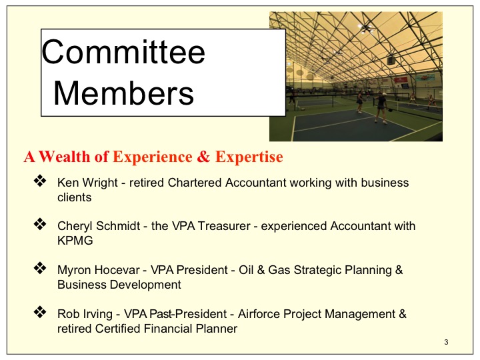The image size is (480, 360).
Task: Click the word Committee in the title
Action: coord(123,52)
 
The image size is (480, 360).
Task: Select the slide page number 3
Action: coord(446,342)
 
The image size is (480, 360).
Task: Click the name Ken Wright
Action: coord(87,183)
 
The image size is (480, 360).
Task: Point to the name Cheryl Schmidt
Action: coord(99,226)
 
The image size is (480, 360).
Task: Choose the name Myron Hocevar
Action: coord(99,270)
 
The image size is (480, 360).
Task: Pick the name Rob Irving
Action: coord(85,314)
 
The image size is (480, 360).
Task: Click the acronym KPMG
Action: coord(75,241)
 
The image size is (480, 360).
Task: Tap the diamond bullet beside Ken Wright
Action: coord(40,181)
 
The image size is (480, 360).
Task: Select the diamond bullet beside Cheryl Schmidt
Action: coord(40,225)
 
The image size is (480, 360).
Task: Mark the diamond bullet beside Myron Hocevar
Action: coord(40,268)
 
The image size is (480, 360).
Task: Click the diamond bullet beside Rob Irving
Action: coord(40,312)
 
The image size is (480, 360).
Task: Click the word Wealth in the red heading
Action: coord(65,157)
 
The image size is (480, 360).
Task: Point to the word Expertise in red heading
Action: coord(249,157)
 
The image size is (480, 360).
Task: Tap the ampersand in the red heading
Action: coord(203,157)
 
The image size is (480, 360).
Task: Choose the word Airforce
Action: coord(259,314)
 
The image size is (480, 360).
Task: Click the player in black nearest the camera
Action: coord(381,109)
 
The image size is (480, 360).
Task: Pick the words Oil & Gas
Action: coord(265,270)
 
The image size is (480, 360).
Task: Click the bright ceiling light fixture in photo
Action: coord(365,29)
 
